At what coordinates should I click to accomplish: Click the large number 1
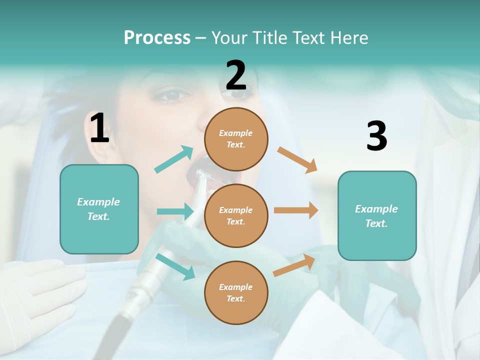(x=99, y=128)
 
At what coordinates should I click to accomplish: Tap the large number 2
(x=236, y=75)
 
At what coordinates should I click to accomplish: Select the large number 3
(x=376, y=136)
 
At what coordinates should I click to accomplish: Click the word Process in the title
(x=157, y=37)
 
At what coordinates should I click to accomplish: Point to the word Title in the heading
(x=269, y=37)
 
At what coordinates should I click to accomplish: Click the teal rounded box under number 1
(x=99, y=209)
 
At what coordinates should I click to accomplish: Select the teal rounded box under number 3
(x=377, y=215)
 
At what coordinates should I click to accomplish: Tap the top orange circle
(x=236, y=139)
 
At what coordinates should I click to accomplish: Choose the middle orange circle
(x=236, y=215)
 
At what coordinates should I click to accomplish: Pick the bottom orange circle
(x=236, y=292)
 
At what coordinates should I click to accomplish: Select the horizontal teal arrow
(x=175, y=211)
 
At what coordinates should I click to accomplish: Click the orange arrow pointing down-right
(x=297, y=160)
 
